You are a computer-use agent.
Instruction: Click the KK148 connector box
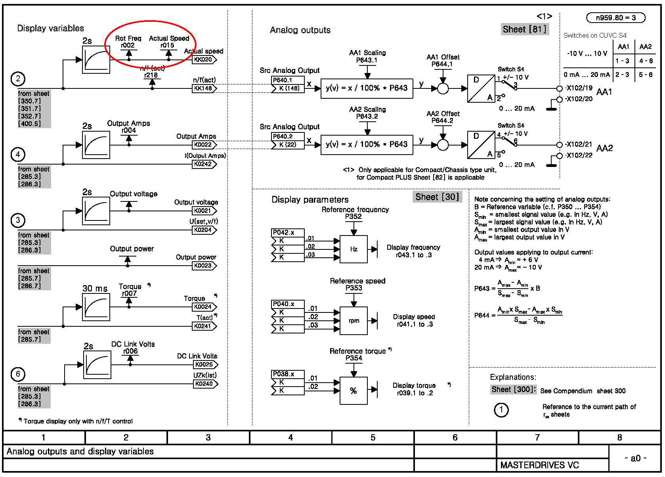pyautogui.click(x=204, y=88)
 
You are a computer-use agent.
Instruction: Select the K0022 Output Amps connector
pyautogui.click(x=204, y=145)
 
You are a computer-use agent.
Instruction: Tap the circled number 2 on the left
pyautogui.click(x=18, y=79)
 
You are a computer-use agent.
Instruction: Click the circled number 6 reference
pyautogui.click(x=18, y=374)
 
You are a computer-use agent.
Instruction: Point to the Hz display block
pyautogui.click(x=354, y=249)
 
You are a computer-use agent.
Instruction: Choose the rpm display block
pyautogui.click(x=354, y=320)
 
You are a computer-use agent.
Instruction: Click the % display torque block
pyautogui.click(x=354, y=391)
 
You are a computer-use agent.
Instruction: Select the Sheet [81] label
pyautogui.click(x=525, y=29)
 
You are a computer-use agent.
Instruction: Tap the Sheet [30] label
pyautogui.click(x=437, y=197)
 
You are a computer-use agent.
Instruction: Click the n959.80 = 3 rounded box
pyautogui.click(x=616, y=17)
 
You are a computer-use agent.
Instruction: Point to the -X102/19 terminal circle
pyautogui.click(x=559, y=88)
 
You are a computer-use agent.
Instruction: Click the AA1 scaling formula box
pyautogui.click(x=367, y=88)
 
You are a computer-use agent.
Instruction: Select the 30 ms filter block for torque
pyautogui.click(x=96, y=307)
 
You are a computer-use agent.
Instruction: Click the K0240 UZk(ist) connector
pyautogui.click(x=205, y=384)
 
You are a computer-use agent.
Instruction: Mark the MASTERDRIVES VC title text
pyautogui.click(x=539, y=465)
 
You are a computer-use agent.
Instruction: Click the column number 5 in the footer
pyautogui.click(x=373, y=437)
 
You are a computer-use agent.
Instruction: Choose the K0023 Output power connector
pyautogui.click(x=204, y=266)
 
